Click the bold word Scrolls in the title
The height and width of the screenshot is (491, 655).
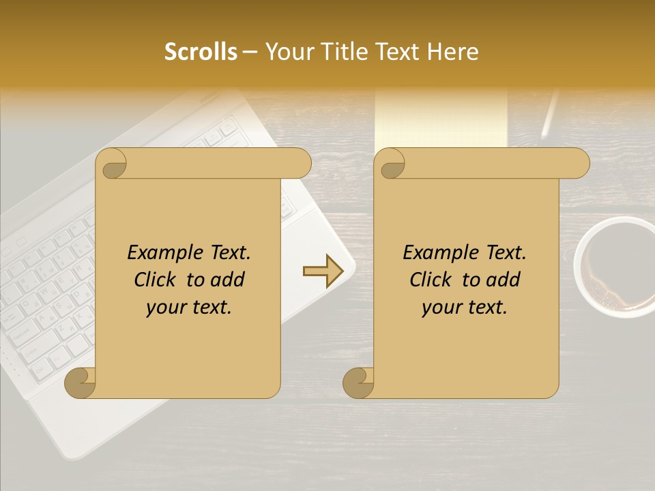tap(201, 52)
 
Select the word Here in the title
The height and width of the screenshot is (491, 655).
tap(451, 52)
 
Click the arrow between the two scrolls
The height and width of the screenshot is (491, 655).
tap(324, 271)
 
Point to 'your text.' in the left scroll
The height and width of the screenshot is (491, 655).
tap(189, 308)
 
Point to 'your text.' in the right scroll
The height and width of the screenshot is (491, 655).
tap(465, 308)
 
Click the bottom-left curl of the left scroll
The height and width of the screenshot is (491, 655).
tap(80, 383)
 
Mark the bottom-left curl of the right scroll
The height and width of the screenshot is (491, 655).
tap(358, 383)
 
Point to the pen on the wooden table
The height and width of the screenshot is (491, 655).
tap(550, 113)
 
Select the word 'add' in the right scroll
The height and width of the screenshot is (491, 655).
tap(504, 280)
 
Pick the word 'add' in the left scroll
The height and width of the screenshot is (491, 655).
tap(229, 280)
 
